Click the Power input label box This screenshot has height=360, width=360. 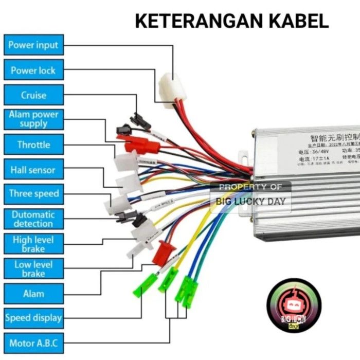(x=33, y=45)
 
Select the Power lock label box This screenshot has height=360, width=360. (x=33, y=70)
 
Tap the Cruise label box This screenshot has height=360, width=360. (x=33, y=95)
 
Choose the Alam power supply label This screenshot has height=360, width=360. (x=33, y=119)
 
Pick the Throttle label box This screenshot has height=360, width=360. (x=33, y=145)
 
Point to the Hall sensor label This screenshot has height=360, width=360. (x=33, y=170)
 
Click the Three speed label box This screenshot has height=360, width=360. (x=33, y=194)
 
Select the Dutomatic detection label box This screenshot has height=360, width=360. (x=33, y=219)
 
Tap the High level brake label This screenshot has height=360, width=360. (x=33, y=244)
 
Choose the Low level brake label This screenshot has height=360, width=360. (x=33, y=269)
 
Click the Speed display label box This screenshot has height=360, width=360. (x=33, y=318)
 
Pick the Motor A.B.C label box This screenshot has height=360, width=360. (x=33, y=343)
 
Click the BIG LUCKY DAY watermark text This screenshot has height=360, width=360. (x=250, y=201)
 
